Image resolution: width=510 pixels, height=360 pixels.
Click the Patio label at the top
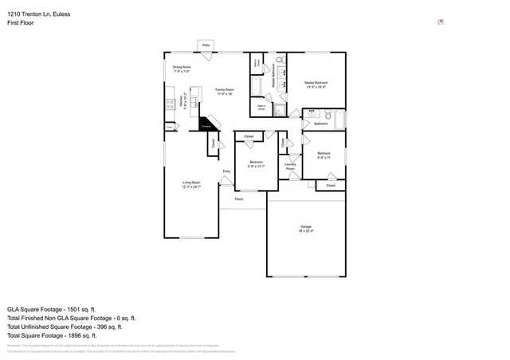[206, 45]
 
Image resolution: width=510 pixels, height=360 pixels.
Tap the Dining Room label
[182, 67]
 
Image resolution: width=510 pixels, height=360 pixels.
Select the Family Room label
[225, 90]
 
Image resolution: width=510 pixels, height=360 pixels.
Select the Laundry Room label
[291, 166]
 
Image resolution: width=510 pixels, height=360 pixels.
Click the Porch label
[239, 199]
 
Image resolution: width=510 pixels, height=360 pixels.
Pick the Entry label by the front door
[226, 171]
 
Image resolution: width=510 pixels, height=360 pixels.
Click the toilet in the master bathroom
[280, 61]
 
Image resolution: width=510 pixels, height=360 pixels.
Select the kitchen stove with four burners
[170, 104]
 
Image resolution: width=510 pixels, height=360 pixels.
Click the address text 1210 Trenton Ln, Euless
[37, 14]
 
